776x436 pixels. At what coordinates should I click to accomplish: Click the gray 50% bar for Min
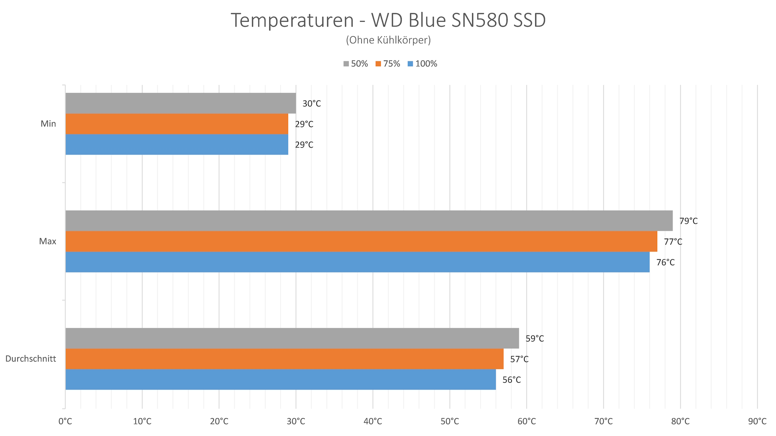click(180, 103)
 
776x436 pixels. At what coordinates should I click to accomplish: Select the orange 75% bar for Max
click(361, 241)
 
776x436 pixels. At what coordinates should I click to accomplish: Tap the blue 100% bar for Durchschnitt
click(280, 379)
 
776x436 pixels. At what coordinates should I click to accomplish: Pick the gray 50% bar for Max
click(369, 221)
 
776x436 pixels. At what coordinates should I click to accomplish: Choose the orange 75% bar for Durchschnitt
click(284, 359)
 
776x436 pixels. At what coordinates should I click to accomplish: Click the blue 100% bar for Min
click(177, 145)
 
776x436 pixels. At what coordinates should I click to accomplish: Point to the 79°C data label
click(688, 221)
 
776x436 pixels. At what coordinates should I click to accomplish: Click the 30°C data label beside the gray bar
click(312, 104)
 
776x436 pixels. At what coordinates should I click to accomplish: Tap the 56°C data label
click(511, 380)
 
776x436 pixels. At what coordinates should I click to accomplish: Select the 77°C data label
click(673, 242)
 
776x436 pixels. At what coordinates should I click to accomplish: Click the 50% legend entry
click(356, 64)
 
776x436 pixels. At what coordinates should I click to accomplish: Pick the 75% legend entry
click(388, 64)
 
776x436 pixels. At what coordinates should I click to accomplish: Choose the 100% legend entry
click(423, 64)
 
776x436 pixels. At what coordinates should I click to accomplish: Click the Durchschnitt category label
click(31, 359)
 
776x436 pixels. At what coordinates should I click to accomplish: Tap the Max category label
click(48, 241)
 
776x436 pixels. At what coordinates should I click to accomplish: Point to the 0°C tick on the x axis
click(65, 421)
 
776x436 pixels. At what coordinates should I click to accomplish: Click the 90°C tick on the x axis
click(757, 421)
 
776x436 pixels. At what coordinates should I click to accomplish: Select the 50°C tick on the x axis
click(449, 421)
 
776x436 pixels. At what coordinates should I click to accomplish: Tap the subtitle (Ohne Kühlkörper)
click(388, 40)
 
